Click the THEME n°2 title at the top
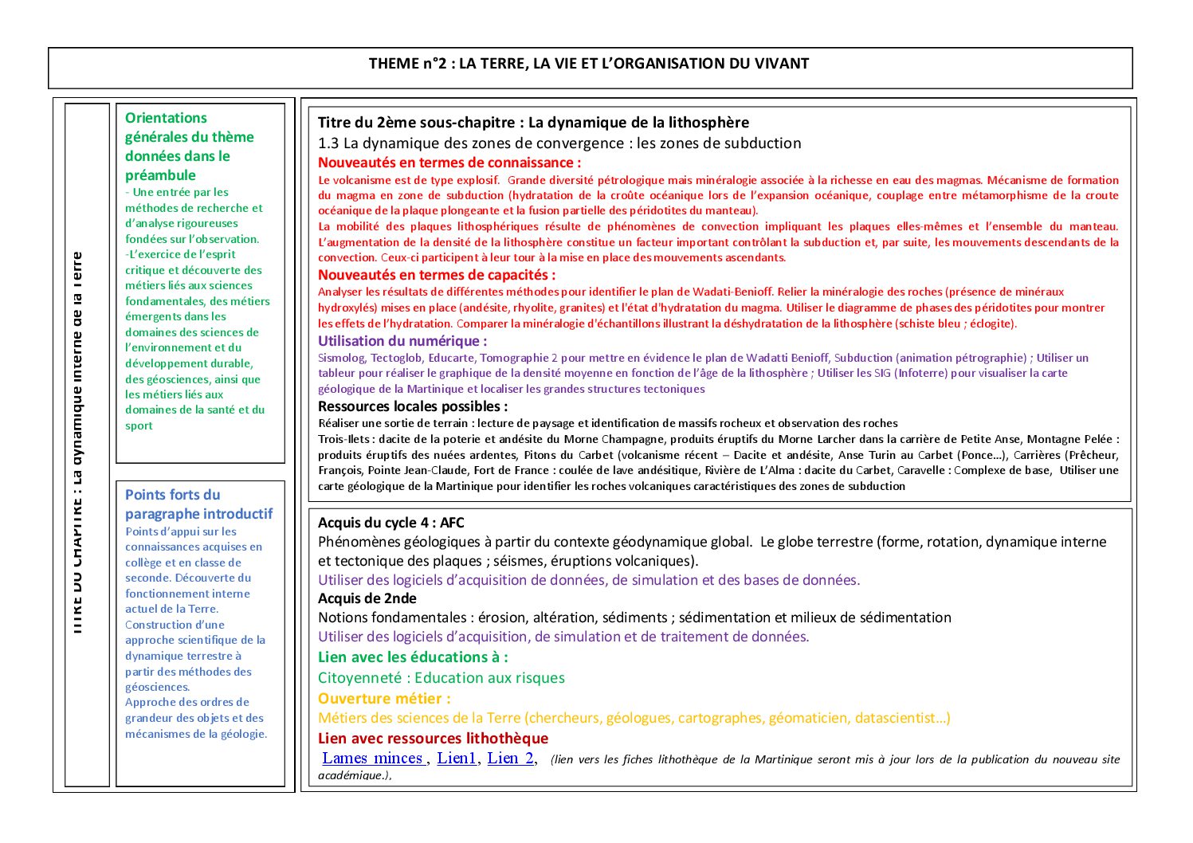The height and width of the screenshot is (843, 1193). (x=589, y=64)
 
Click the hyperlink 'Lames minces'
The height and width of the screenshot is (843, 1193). (x=373, y=758)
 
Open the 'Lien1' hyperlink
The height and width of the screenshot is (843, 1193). (x=457, y=758)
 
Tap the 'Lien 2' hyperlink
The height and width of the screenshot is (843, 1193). (x=511, y=758)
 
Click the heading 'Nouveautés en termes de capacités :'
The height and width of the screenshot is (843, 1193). (x=437, y=275)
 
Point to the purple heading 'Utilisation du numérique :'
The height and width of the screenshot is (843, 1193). (x=402, y=341)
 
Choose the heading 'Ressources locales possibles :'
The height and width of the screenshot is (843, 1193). (x=413, y=406)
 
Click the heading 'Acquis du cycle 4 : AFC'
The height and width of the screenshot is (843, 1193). (x=390, y=523)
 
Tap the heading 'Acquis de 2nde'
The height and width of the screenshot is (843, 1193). (x=367, y=598)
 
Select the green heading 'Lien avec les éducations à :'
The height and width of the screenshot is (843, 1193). (x=413, y=657)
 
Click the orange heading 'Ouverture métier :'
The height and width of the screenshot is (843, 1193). (x=384, y=699)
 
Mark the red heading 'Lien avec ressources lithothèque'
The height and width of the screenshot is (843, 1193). (x=433, y=739)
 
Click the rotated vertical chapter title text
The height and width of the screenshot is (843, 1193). (x=77, y=443)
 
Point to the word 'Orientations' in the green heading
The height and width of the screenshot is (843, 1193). (x=166, y=118)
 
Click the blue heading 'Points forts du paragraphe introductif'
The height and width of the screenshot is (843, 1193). (x=198, y=504)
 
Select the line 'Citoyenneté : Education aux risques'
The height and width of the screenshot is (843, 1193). (x=441, y=678)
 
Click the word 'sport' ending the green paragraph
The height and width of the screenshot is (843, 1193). (x=139, y=425)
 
